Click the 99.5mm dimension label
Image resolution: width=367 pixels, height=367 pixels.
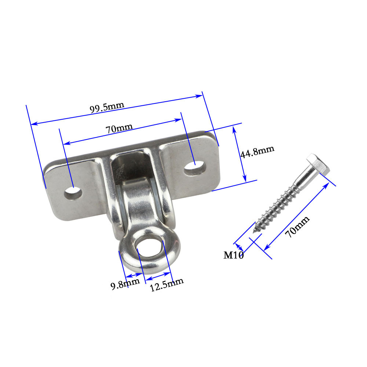click(x=107, y=108)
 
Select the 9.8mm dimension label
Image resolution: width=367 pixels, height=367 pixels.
click(x=125, y=284)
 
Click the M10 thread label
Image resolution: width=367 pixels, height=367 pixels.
click(x=233, y=255)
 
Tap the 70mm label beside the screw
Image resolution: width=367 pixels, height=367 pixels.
click(x=297, y=226)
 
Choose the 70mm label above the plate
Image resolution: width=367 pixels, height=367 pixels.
click(x=119, y=128)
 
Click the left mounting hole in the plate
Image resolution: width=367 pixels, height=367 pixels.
click(x=73, y=193)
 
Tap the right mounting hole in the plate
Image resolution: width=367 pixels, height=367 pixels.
click(x=195, y=168)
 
